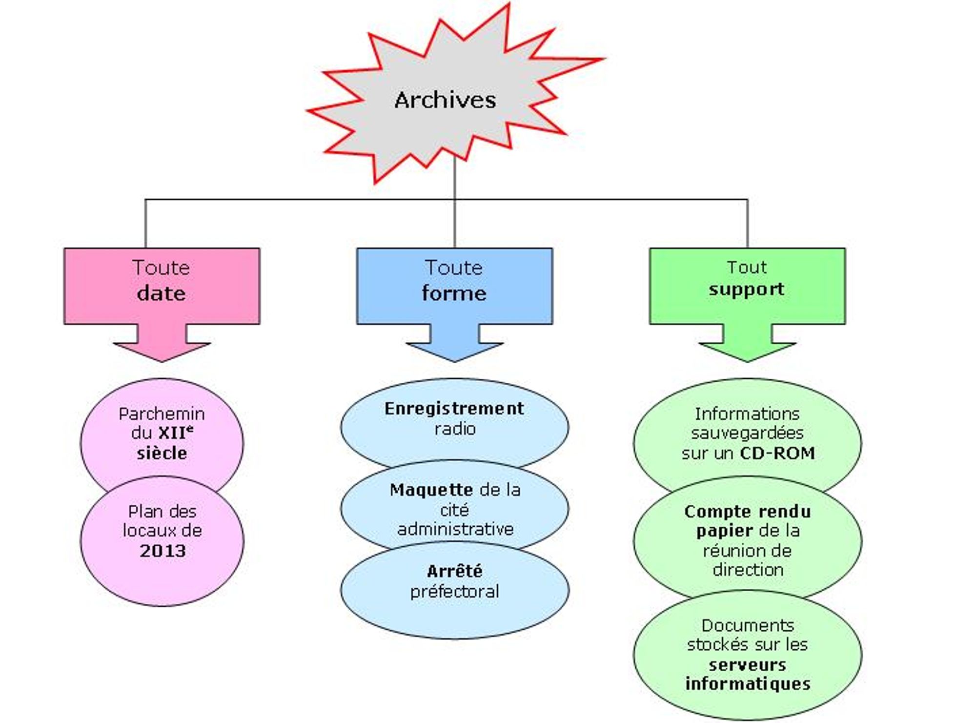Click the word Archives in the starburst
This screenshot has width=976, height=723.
(445, 100)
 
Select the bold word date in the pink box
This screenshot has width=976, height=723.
(161, 293)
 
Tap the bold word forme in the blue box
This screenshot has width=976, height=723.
(454, 293)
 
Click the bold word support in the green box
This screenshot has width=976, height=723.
(747, 289)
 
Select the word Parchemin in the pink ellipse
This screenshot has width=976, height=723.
(162, 414)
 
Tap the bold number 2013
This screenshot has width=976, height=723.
(163, 551)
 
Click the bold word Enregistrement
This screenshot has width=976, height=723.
(454, 409)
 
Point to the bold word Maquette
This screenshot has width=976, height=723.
(431, 490)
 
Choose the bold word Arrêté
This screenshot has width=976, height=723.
(454, 571)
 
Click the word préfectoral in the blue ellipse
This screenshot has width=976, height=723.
(454, 591)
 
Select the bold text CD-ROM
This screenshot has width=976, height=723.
(777, 453)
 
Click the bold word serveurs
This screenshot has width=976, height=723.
(747, 664)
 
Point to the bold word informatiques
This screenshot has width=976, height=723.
(748, 684)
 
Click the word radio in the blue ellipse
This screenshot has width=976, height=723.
(455, 429)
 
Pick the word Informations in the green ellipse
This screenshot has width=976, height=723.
(747, 414)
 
